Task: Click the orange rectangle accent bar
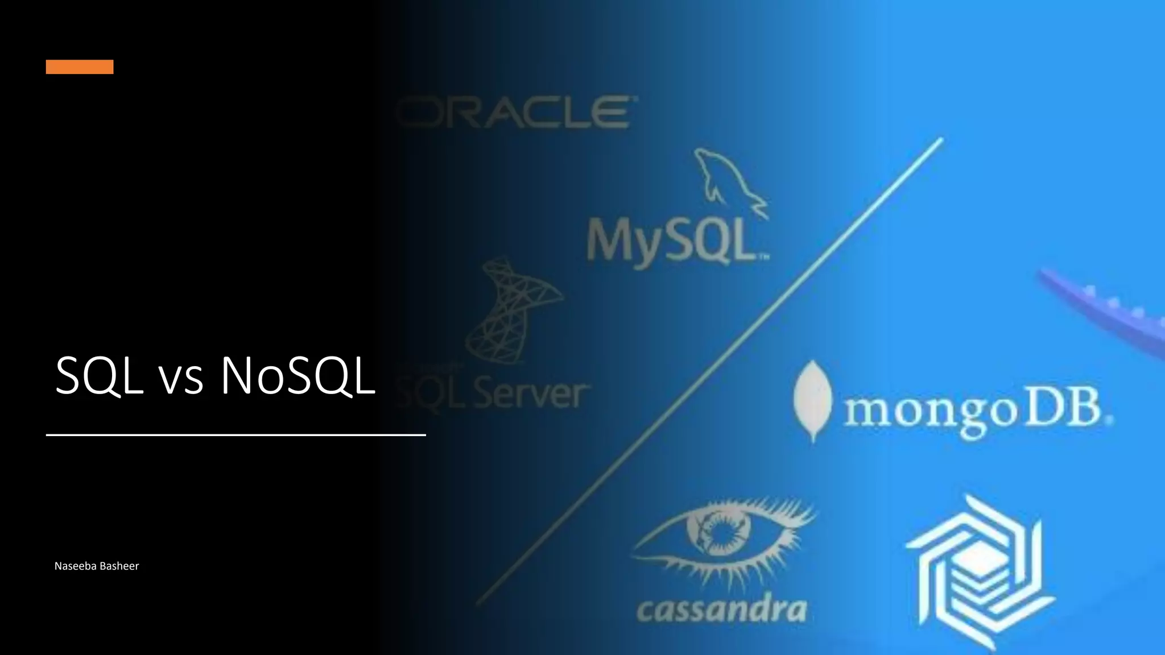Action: coord(80,67)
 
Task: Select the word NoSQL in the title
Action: coord(298,376)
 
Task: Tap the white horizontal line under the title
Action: coord(236,435)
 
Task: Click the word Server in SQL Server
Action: coord(529,394)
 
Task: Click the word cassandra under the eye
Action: coord(721,610)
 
